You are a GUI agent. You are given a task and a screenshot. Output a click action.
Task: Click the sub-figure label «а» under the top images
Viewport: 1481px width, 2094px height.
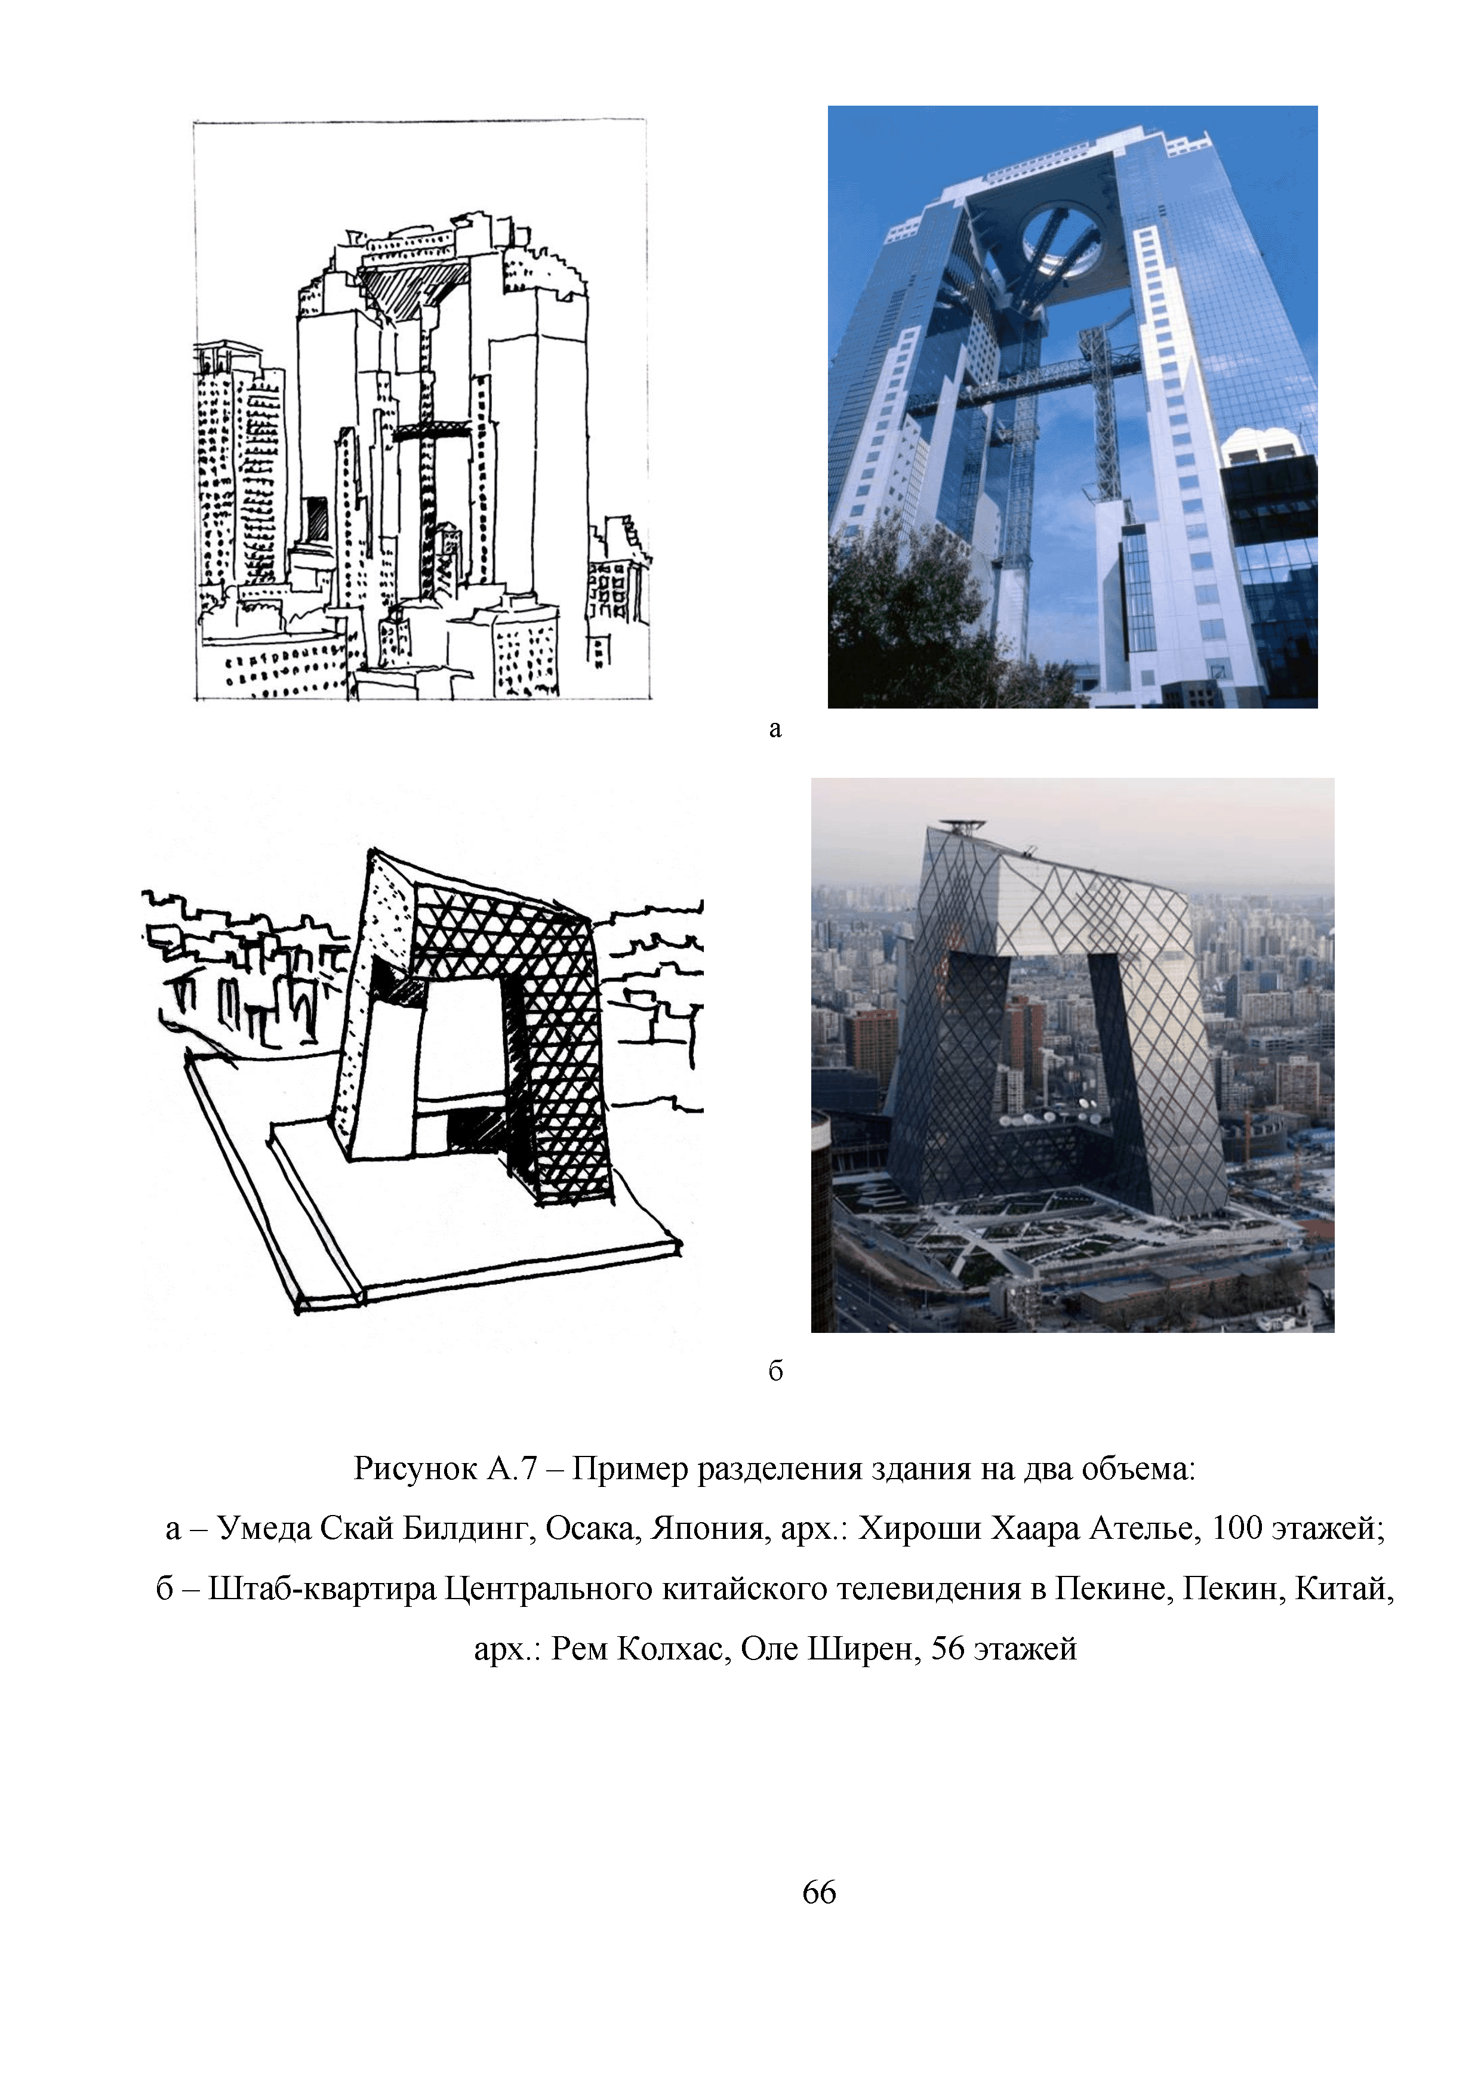[775, 729]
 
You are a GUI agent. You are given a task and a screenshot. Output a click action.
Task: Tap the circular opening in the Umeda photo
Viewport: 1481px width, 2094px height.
[1063, 241]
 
